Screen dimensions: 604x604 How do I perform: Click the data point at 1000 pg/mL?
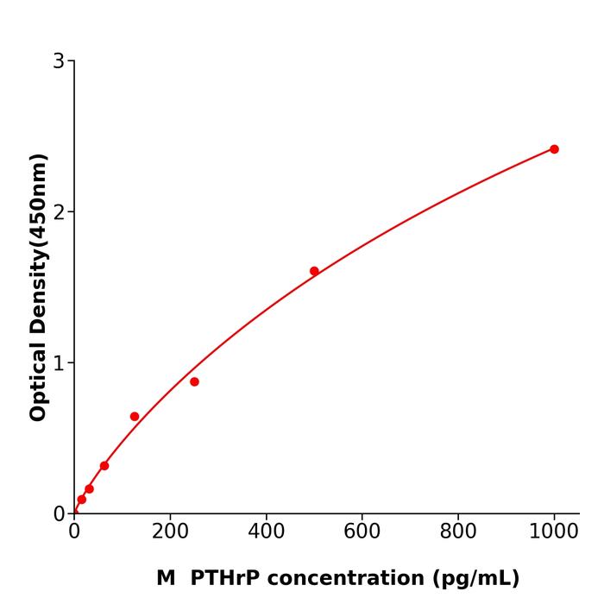coord(554,149)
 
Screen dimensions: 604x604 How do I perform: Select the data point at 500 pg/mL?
coord(314,271)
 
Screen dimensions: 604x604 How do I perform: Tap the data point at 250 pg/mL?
coord(194,381)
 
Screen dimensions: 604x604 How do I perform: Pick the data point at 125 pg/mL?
coord(135,417)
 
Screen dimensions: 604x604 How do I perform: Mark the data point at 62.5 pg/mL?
coord(104,466)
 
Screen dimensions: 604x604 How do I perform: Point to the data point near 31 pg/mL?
coord(89,489)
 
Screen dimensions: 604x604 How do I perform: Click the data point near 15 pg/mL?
coord(81,500)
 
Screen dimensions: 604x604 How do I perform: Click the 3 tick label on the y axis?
coord(59,61)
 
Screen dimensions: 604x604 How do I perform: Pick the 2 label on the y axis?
coord(59,212)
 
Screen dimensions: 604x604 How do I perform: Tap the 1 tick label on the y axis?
coord(59,363)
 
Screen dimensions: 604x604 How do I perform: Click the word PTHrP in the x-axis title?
coord(220,578)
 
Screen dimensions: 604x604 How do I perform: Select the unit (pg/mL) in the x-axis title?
coord(474,579)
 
